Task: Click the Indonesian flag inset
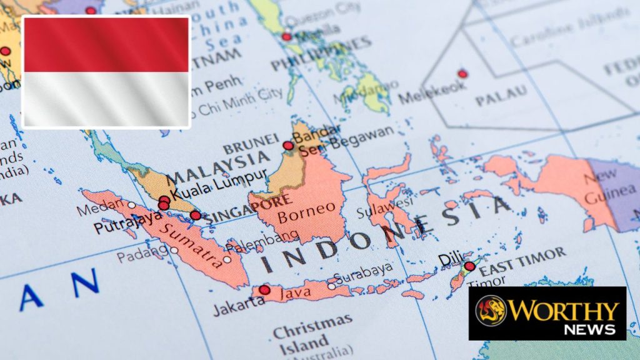coord(106,72)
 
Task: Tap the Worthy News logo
coord(547,313)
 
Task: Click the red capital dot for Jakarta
coord(265,290)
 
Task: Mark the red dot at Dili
coord(469,267)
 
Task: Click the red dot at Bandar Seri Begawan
coord(287,146)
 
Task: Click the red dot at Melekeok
coord(462,74)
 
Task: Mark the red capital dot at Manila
coord(286,37)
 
